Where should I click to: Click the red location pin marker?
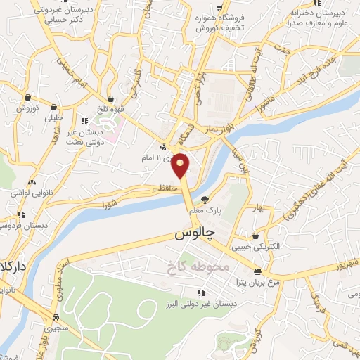181,165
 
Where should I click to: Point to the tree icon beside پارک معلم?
205,200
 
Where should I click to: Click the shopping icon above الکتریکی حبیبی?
255,237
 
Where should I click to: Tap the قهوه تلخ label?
112,108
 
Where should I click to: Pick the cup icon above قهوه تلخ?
111,98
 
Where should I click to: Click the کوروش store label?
27,108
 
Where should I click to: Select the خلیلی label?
54,118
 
